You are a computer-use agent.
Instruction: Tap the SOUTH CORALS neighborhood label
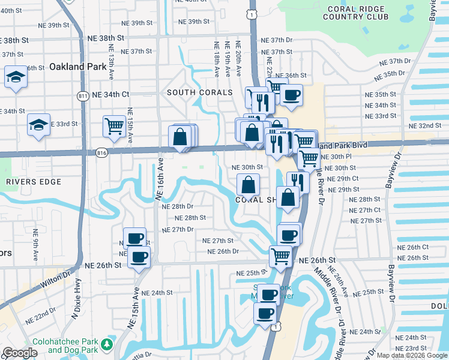[x=199, y=93]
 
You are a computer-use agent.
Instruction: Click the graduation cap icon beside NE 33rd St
[x=38, y=125]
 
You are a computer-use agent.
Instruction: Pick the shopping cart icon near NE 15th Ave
[x=113, y=126]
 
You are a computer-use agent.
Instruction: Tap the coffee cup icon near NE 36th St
[x=292, y=95]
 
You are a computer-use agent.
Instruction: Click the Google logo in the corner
[x=20, y=353]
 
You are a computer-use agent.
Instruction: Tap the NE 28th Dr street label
[x=178, y=206]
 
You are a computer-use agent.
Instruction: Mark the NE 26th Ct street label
[x=412, y=247]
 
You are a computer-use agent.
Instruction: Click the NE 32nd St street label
[x=425, y=125]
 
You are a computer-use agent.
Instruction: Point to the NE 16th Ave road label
[x=160, y=178]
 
